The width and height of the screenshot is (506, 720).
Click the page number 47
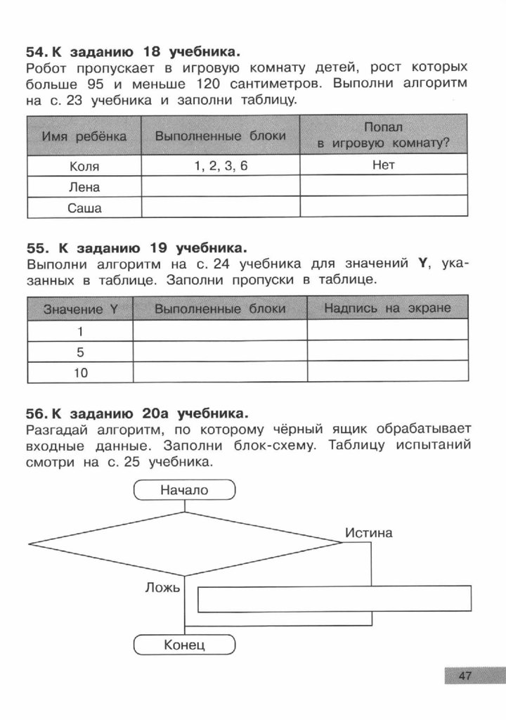tap(464, 676)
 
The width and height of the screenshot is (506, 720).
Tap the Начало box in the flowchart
tap(184, 490)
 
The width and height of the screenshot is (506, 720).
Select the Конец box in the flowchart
tap(184, 644)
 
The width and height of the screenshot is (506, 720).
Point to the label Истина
tap(368, 533)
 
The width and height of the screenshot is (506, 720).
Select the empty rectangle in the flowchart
tap(334, 598)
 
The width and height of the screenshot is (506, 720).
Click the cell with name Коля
tap(84, 167)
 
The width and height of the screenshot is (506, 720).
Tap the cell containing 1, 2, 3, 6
tap(220, 167)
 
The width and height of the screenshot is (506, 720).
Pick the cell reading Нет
tap(384, 166)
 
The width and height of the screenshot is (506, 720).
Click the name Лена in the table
tap(84, 187)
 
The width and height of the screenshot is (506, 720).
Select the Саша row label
tap(84, 208)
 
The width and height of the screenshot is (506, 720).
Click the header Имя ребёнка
tap(84, 136)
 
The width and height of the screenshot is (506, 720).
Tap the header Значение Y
tap(80, 309)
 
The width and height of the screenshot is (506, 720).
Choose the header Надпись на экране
tap(387, 309)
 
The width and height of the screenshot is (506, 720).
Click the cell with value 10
tap(80, 373)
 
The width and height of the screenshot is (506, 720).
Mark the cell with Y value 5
tap(80, 352)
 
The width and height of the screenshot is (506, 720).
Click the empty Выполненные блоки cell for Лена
tap(220, 187)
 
